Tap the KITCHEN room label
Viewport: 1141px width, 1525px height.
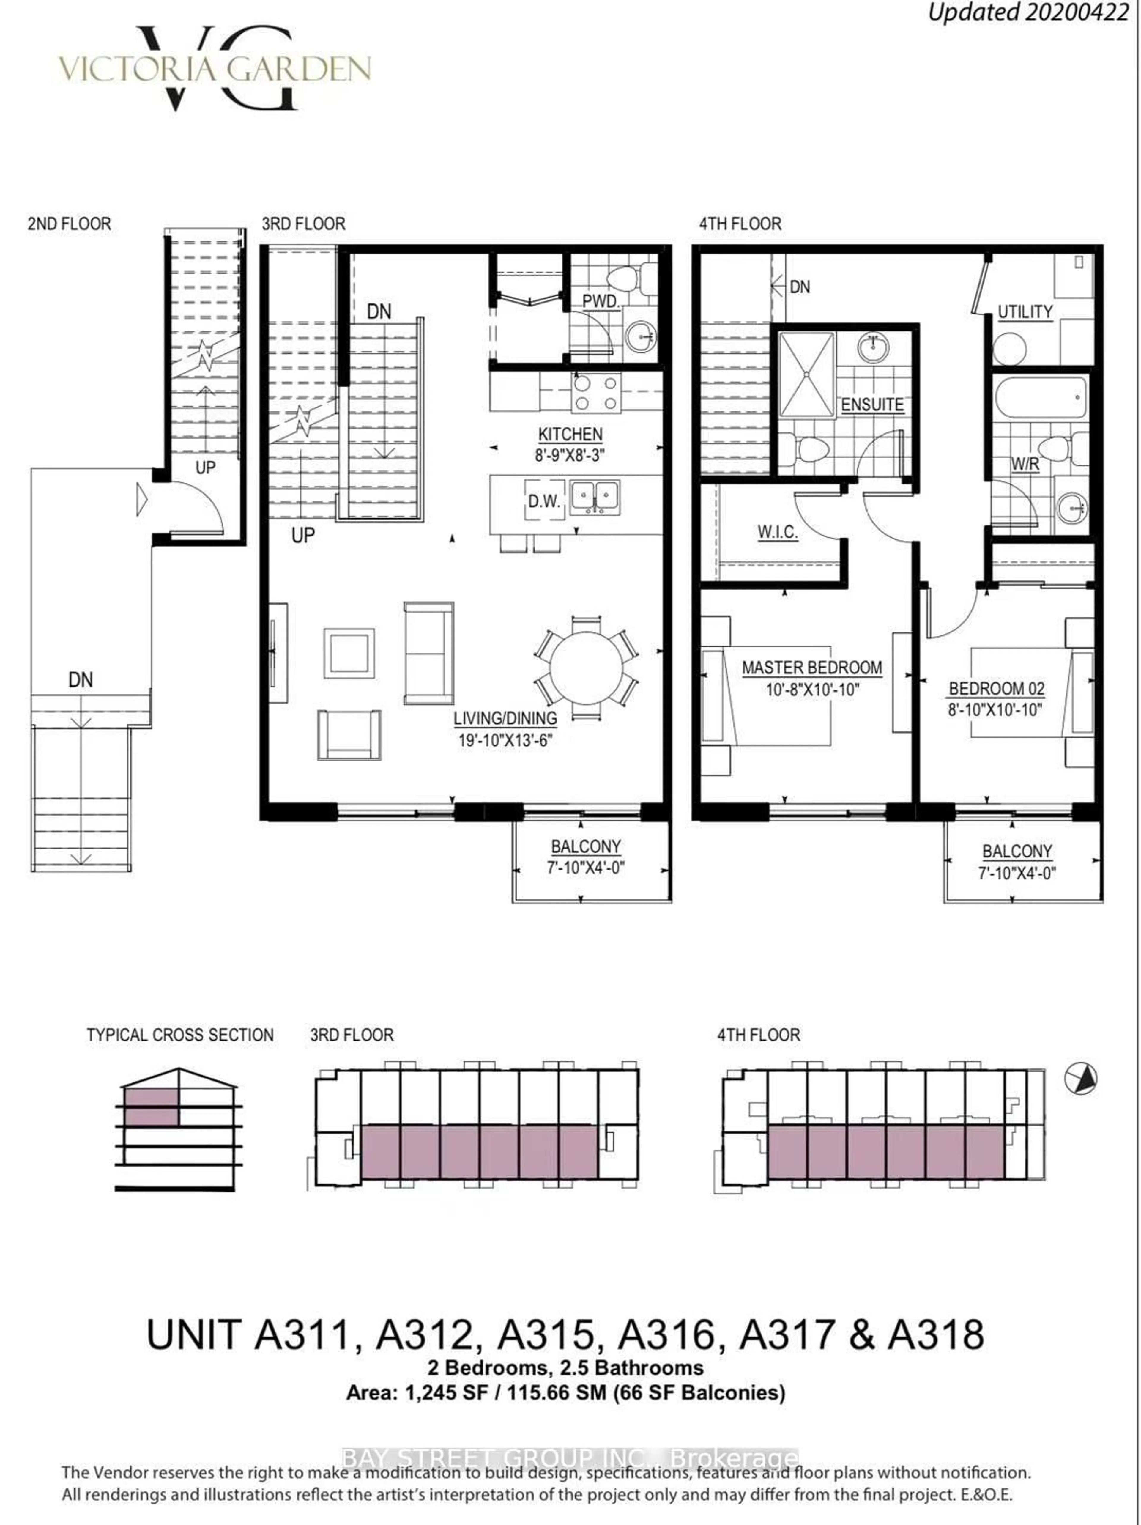[570, 434]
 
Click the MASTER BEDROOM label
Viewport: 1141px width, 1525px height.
[811, 667]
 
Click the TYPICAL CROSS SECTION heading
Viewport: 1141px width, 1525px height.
[180, 1035]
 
